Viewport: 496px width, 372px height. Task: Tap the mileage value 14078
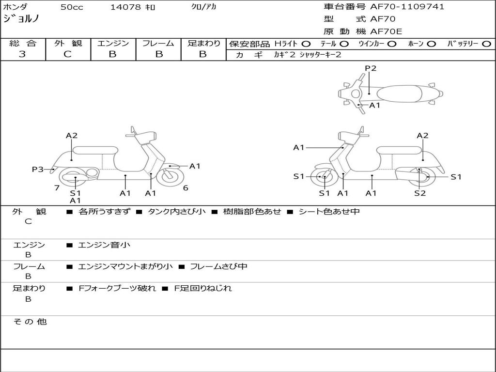click(x=125, y=7)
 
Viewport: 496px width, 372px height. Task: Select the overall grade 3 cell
click(x=22, y=54)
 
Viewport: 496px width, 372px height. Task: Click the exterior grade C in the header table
click(x=68, y=54)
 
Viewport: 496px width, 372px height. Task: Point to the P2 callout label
click(x=371, y=68)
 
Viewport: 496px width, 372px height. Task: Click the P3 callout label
click(x=38, y=170)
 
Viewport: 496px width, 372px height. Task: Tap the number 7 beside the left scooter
click(x=57, y=188)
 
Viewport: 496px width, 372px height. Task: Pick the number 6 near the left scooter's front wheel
click(x=186, y=188)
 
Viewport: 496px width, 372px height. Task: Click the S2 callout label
click(x=420, y=193)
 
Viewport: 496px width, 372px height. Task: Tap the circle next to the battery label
click(x=486, y=44)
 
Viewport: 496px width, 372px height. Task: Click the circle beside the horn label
click(x=431, y=44)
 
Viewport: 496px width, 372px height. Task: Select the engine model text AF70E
click(x=386, y=31)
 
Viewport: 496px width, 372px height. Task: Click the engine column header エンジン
click(x=113, y=43)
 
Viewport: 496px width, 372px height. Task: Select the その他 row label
click(x=30, y=322)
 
